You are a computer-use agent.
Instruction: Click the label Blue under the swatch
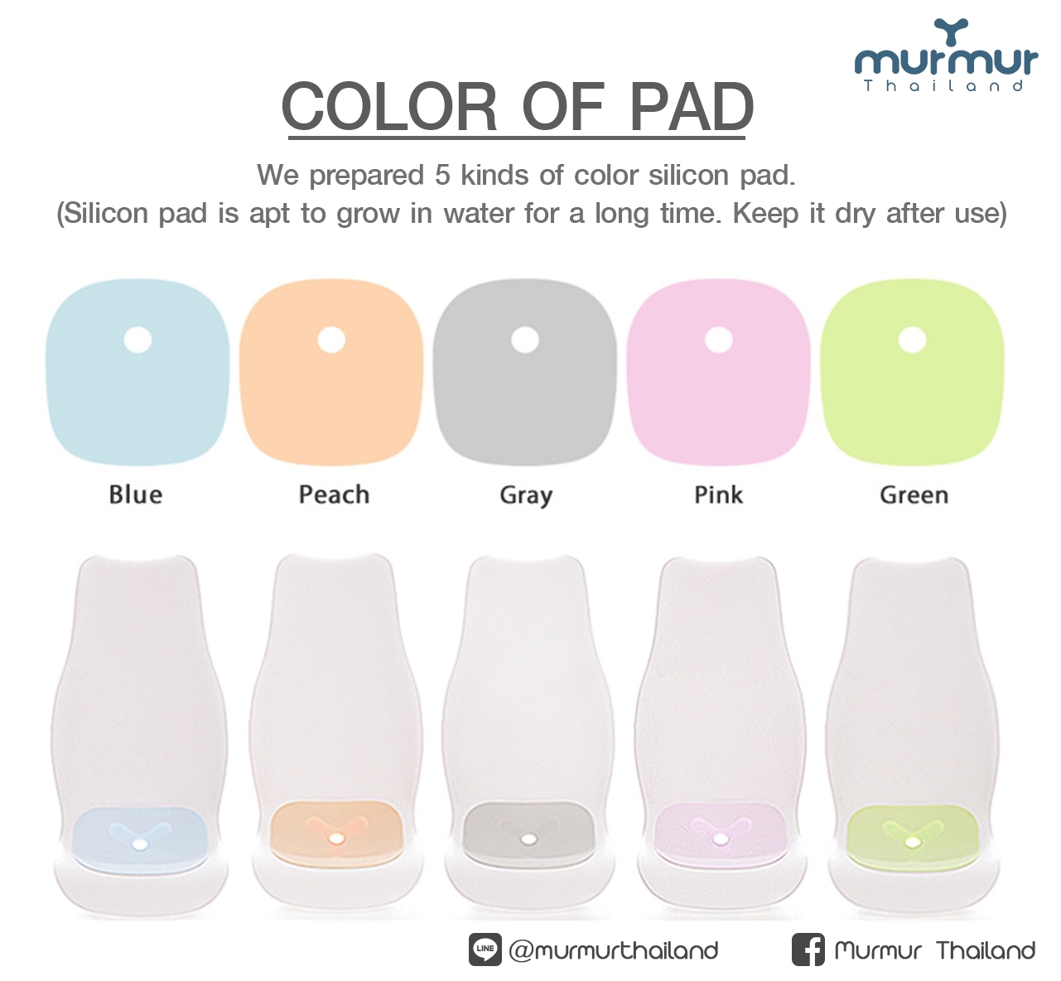click(136, 495)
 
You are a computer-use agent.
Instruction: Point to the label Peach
click(334, 495)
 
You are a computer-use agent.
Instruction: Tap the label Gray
click(526, 495)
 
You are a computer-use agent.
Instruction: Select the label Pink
click(719, 495)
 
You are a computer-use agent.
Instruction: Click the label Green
click(914, 495)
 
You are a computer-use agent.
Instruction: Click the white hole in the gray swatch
click(524, 340)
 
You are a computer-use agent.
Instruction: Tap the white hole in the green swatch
click(913, 340)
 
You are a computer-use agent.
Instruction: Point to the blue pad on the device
click(139, 836)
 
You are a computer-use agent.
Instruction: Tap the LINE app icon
click(485, 950)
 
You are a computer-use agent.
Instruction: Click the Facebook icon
click(808, 950)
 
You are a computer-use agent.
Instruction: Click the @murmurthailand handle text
click(613, 950)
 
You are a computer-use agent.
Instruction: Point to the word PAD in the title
click(692, 106)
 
